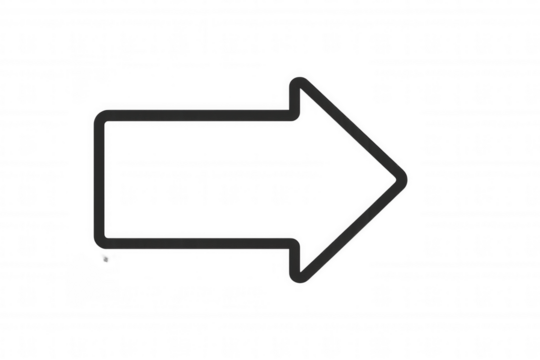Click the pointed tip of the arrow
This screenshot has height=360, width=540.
click(407, 177)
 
